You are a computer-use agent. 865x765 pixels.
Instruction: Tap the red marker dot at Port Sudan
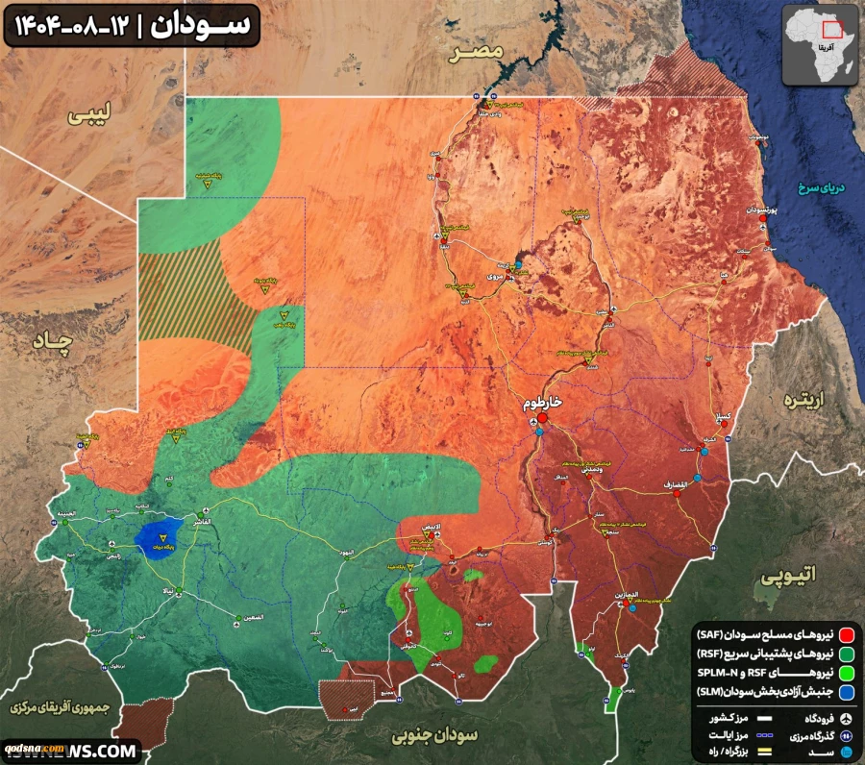click(763, 219)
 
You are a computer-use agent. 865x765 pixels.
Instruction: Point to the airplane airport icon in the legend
click(848, 719)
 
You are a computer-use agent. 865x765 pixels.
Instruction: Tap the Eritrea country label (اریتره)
click(805, 399)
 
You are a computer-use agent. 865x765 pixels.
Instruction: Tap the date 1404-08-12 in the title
click(69, 25)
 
